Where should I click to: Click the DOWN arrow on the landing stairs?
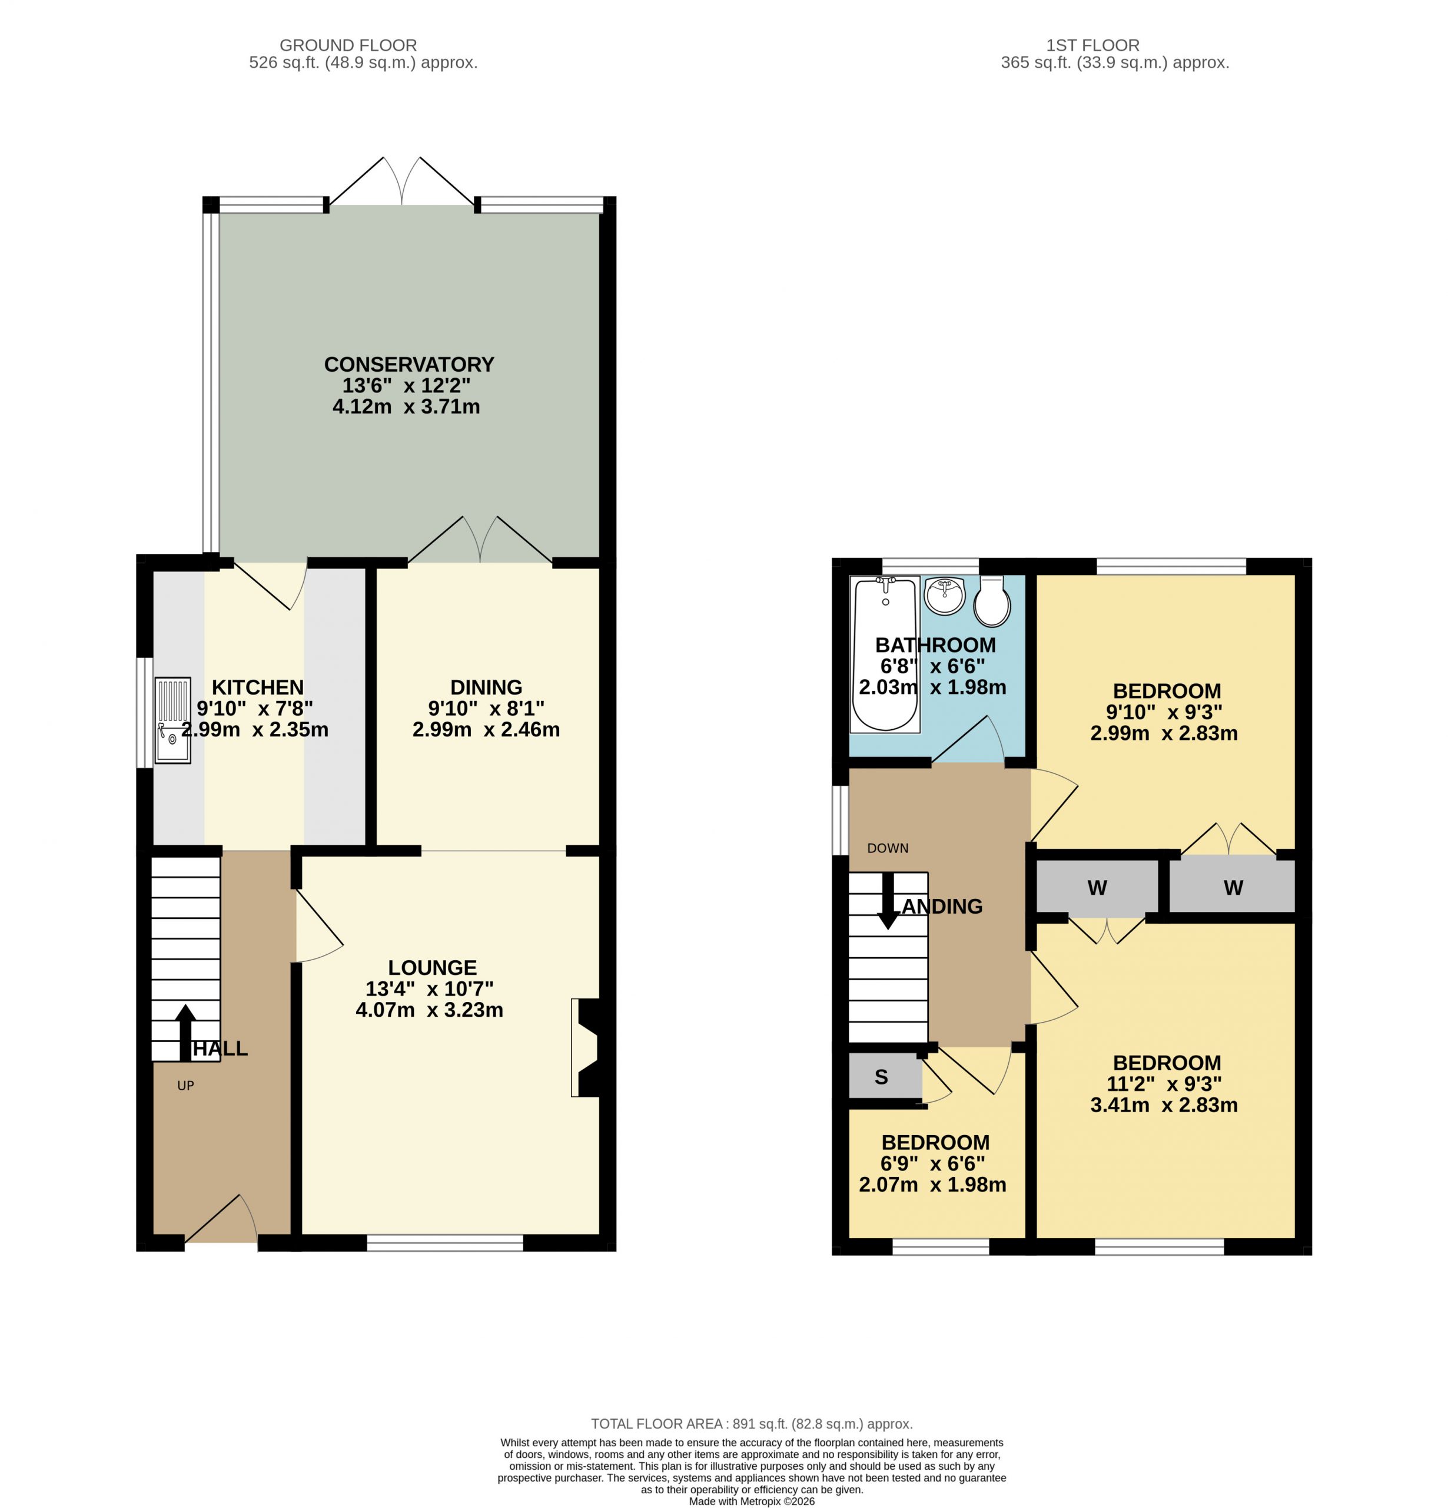(x=888, y=901)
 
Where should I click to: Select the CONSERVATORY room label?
(x=409, y=364)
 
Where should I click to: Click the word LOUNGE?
(x=432, y=967)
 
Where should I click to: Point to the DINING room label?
(x=486, y=687)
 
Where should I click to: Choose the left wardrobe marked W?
(x=1097, y=887)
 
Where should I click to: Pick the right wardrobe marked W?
(x=1233, y=887)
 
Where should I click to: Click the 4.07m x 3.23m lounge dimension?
(x=429, y=1010)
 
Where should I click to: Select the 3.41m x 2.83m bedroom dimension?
(x=1164, y=1105)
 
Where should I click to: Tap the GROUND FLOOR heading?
(x=348, y=45)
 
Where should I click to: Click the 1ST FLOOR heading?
(x=1092, y=45)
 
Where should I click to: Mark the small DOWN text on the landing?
(x=888, y=848)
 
